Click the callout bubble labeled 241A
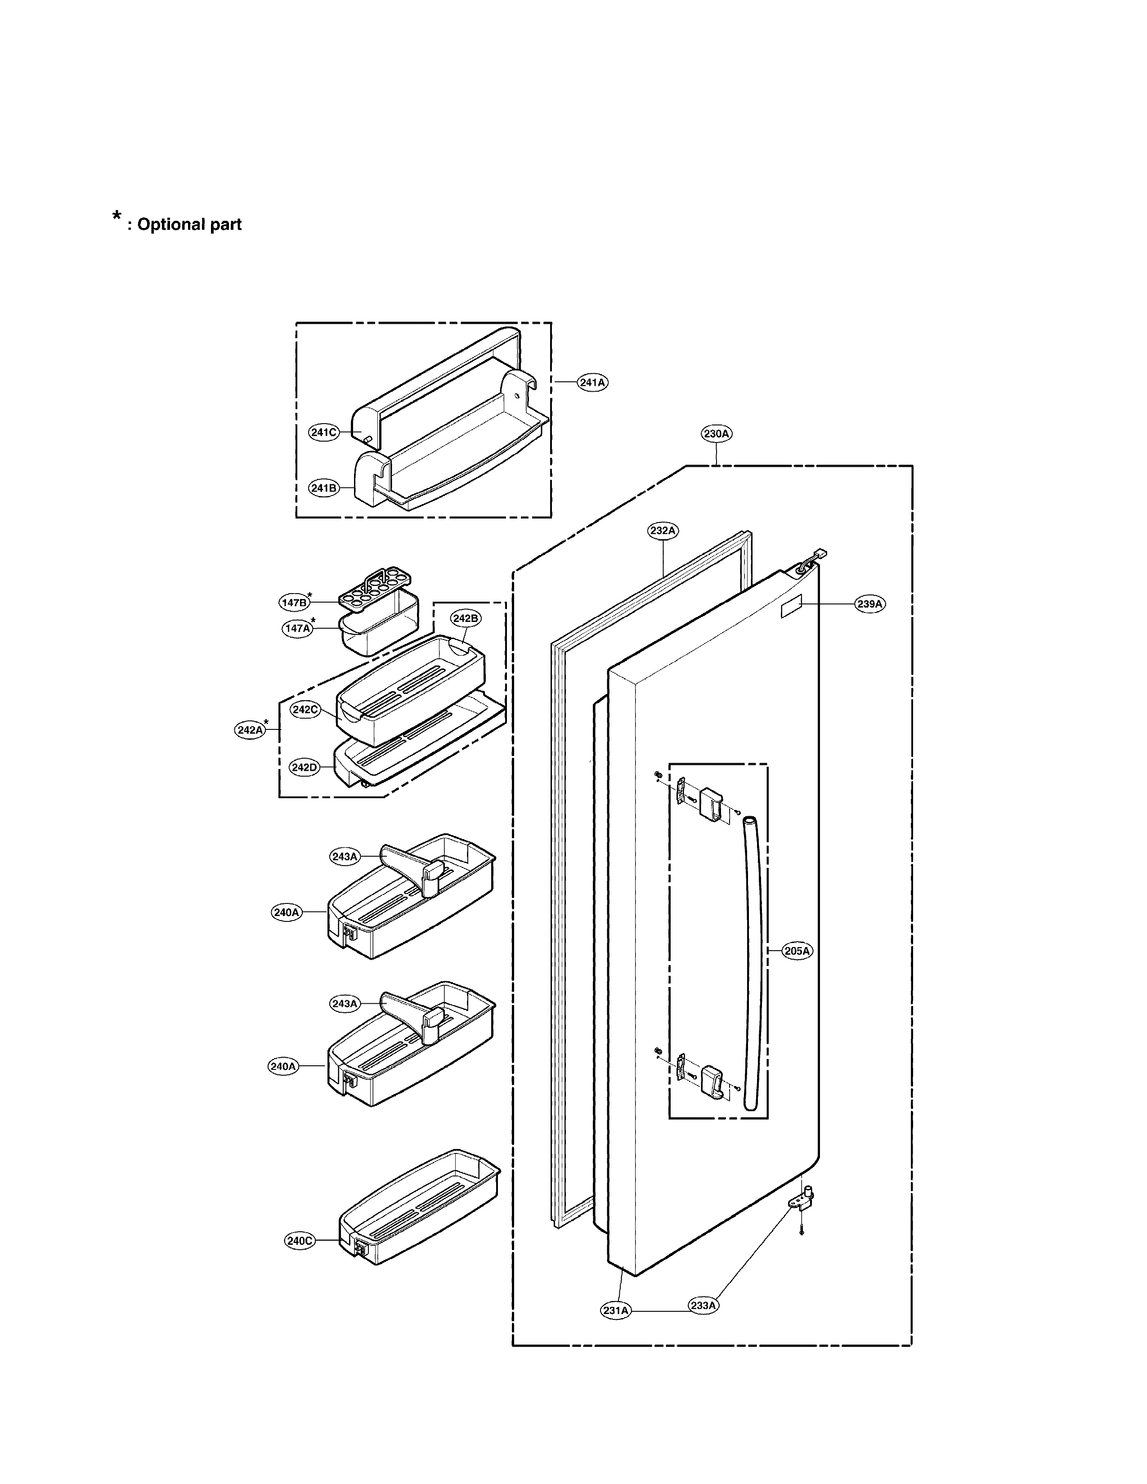pyautogui.click(x=592, y=383)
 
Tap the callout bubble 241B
pyautogui.click(x=323, y=488)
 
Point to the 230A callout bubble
pyautogui.click(x=717, y=434)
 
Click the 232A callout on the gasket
pyautogui.click(x=663, y=531)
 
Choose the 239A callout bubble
pyautogui.click(x=870, y=603)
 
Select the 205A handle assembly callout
pyautogui.click(x=797, y=951)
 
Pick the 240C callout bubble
pyautogui.click(x=299, y=1241)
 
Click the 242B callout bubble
pyautogui.click(x=466, y=618)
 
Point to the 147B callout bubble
pyautogui.click(x=294, y=602)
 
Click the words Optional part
pyautogui.click(x=189, y=225)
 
